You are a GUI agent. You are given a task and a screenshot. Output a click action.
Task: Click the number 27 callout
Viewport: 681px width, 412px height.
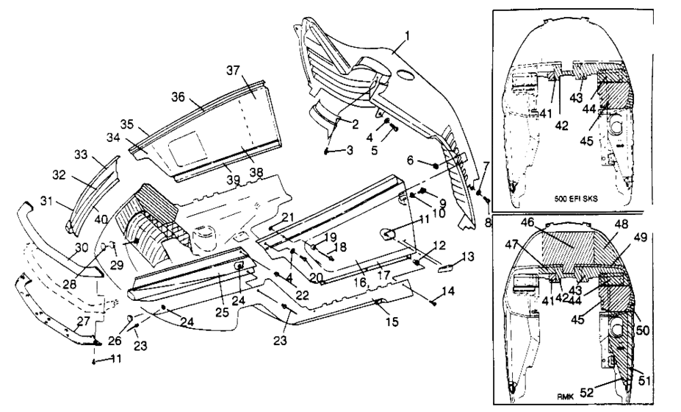[x=84, y=322]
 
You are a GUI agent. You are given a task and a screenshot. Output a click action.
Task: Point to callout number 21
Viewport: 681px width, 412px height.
[x=288, y=215]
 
